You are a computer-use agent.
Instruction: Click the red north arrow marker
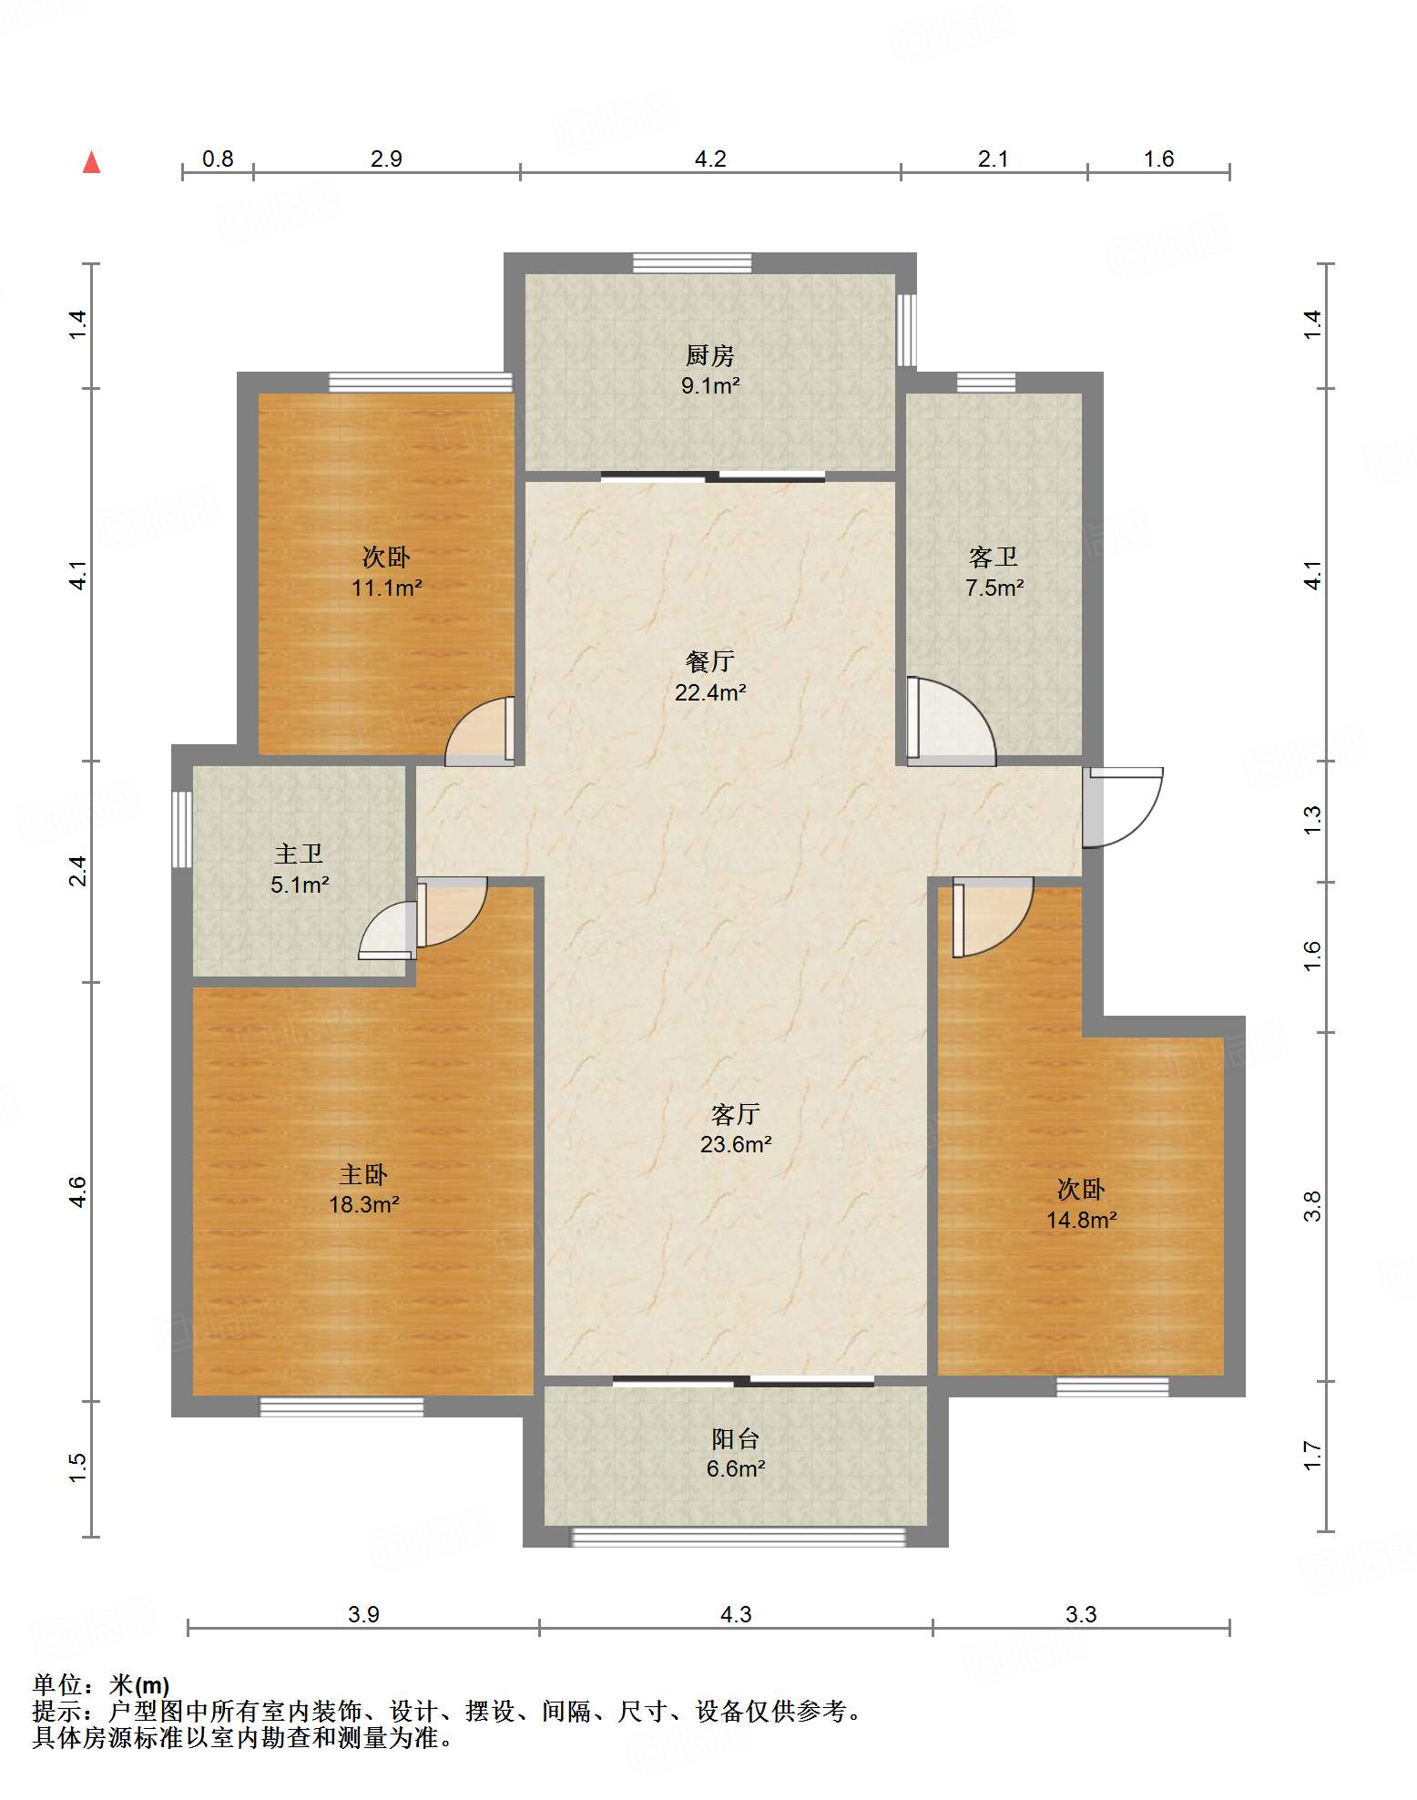91,162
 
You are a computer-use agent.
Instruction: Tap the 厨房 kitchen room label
710,355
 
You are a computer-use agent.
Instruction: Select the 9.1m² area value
710,385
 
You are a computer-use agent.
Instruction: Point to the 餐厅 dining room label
710,661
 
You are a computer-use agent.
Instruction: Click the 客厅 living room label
736,1114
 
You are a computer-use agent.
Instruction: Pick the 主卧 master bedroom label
363,1175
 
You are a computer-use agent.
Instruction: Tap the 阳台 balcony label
736,1439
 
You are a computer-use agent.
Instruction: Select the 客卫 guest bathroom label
994,557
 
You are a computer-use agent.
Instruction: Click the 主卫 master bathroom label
299,854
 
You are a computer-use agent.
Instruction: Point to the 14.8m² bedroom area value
1081,1220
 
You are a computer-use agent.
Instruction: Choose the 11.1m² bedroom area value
386,588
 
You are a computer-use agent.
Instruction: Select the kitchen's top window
693,263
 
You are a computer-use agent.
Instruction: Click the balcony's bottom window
738,1537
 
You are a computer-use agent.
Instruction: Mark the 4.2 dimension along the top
710,159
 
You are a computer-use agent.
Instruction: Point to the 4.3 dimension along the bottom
736,1615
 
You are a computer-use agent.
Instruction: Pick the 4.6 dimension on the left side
78,1191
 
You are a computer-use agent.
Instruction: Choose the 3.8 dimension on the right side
1311,1207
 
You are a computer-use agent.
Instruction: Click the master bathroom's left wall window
182,829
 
